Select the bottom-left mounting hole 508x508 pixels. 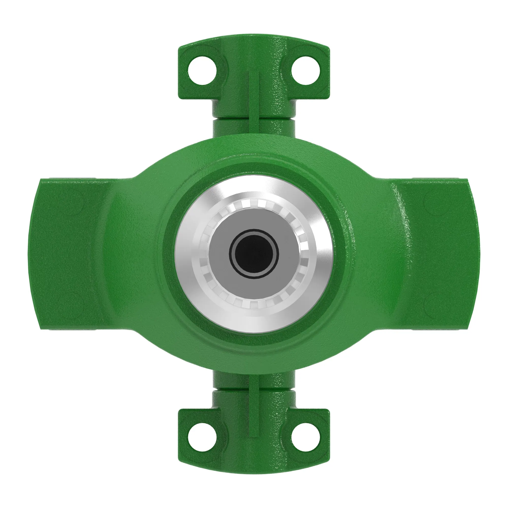(202, 437)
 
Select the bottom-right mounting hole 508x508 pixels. (306, 437)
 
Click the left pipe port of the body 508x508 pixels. (66, 254)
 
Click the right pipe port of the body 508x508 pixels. (442, 254)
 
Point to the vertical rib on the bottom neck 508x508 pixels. (254, 410)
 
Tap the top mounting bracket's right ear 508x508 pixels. (320, 89)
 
